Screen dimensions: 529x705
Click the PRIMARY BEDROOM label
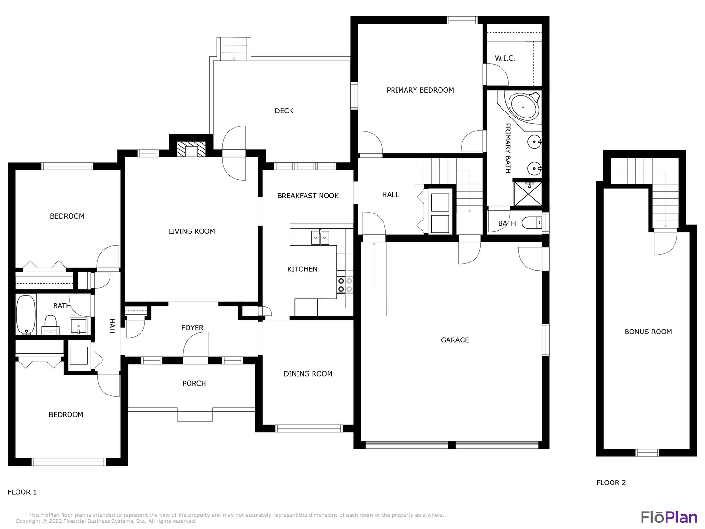point(420,90)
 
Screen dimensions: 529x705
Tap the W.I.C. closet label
point(505,58)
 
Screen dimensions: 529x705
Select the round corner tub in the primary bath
point(524,107)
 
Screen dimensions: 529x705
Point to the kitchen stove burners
point(345,285)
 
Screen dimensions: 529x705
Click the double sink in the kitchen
point(320,237)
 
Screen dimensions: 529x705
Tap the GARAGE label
point(454,340)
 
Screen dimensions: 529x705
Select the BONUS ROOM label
point(648,332)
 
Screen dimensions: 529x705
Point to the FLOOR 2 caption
point(611,482)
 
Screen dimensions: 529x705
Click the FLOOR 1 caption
point(22,492)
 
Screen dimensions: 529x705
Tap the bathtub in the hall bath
point(26,314)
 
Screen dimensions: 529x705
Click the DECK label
point(284,111)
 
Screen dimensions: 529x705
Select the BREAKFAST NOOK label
point(308,196)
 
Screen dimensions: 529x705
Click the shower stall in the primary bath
point(528,194)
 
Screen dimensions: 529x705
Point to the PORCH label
point(194,383)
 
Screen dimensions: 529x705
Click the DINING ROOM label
point(308,374)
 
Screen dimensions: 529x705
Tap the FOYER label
point(192,328)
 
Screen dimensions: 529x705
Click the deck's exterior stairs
point(234,49)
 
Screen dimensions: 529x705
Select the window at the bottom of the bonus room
point(647,452)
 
